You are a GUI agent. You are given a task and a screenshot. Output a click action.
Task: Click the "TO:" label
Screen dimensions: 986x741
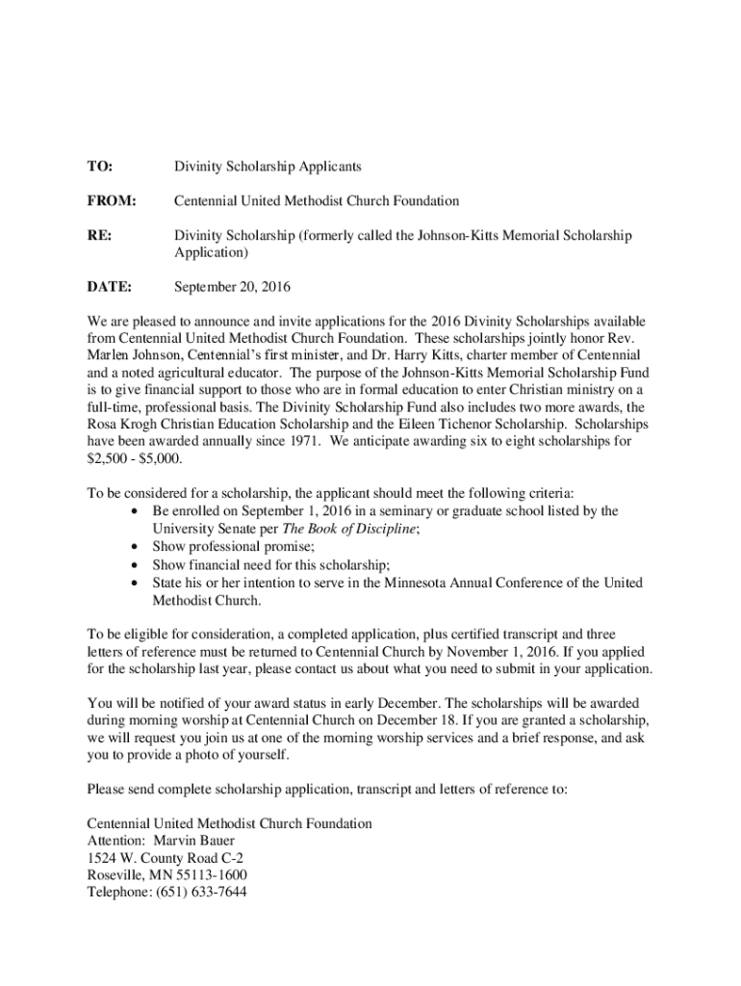pyautogui.click(x=99, y=167)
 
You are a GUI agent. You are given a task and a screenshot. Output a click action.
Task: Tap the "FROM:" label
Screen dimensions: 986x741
pyautogui.click(x=112, y=201)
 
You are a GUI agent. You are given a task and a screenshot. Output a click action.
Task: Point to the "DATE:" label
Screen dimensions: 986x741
pyautogui.click(x=109, y=287)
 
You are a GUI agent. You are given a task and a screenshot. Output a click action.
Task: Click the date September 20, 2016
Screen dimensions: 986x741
pyautogui.click(x=231, y=287)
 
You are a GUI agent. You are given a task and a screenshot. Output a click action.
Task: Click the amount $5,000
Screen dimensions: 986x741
pyautogui.click(x=159, y=458)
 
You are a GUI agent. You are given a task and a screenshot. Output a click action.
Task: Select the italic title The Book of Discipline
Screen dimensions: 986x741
pyautogui.click(x=349, y=529)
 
